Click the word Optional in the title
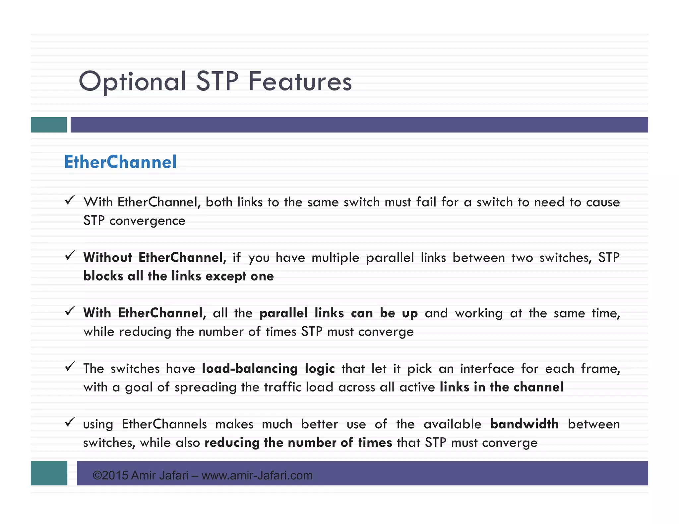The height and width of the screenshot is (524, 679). point(132,81)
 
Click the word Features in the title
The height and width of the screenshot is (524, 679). point(300,81)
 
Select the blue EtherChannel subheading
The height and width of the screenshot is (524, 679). point(120,162)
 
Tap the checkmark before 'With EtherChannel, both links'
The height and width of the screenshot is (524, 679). point(70,200)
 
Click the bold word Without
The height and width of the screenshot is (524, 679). point(107,257)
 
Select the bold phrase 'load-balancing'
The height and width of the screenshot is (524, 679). point(250,368)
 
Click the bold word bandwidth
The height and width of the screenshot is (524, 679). point(525,424)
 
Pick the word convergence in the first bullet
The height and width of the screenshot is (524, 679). point(147,221)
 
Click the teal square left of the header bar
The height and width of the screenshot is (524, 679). point(49,125)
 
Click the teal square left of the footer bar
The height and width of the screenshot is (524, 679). point(49,473)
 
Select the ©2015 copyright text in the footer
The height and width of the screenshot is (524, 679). point(110,475)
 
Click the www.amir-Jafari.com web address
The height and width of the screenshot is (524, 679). point(257,475)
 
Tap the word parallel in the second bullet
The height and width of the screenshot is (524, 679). point(390,257)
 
